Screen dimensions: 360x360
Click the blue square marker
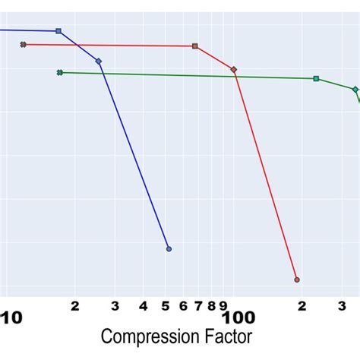(x=58, y=31)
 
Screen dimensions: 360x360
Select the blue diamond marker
(x=99, y=61)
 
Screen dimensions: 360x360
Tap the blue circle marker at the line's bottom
(x=169, y=249)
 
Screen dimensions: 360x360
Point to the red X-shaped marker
(x=24, y=45)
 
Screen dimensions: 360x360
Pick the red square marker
(x=195, y=46)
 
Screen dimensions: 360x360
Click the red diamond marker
(x=234, y=70)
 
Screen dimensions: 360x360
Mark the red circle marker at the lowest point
(x=297, y=279)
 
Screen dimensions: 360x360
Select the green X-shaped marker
(x=59, y=73)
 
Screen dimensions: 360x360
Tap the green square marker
(x=316, y=78)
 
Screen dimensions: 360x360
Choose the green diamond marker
(x=355, y=89)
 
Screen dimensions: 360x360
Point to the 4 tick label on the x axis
(x=144, y=306)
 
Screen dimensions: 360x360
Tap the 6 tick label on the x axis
(x=183, y=306)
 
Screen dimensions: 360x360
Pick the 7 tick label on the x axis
(x=198, y=306)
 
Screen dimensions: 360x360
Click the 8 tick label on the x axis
(x=211, y=306)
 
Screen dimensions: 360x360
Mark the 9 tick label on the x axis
(x=223, y=306)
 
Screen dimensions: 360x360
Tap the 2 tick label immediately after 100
(x=302, y=306)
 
